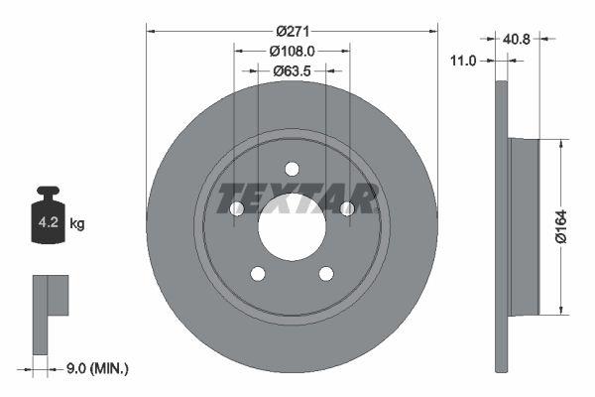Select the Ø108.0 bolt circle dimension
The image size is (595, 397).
[x=292, y=50]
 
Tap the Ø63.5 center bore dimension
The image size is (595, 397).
[x=292, y=70]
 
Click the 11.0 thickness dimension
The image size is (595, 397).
[x=464, y=61]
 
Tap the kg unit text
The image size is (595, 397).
[x=77, y=224]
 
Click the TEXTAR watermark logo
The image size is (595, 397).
[x=297, y=198]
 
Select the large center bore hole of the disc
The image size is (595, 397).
[x=292, y=227]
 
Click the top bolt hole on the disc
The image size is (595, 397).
[x=292, y=169]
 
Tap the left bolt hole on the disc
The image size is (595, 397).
[x=236, y=208]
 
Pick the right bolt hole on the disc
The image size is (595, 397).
[x=347, y=208]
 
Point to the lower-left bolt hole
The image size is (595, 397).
[x=258, y=274]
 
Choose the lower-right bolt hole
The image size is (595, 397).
[x=326, y=274]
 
